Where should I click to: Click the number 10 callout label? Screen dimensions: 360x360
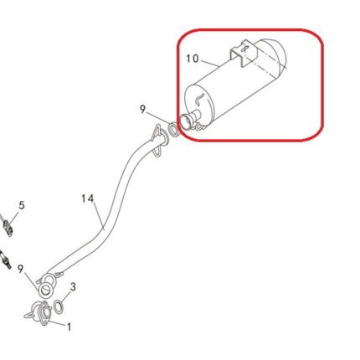coord(193,59)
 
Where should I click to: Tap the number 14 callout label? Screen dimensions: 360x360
coord(88,198)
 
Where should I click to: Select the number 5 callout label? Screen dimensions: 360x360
coord(22,206)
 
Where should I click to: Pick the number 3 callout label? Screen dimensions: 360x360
coord(73,287)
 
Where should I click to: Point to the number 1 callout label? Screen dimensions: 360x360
coord(69,327)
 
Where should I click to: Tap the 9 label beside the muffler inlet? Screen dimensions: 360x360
coord(142,110)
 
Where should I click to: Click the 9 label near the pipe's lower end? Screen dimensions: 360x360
coord(20,270)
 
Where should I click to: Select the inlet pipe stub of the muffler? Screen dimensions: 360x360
coord(190,120)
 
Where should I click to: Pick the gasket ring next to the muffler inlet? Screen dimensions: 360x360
coord(173,129)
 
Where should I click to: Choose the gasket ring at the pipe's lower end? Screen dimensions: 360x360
coord(46,291)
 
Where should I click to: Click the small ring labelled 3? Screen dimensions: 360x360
coord(59,306)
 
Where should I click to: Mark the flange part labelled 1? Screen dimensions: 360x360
coord(40,312)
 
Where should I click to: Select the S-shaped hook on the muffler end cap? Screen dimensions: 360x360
coord(200,99)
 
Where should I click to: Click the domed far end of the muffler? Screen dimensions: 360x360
coord(275,54)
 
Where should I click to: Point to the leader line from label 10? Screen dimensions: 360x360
coord(209,63)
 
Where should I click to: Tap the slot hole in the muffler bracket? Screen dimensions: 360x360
coord(244,48)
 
